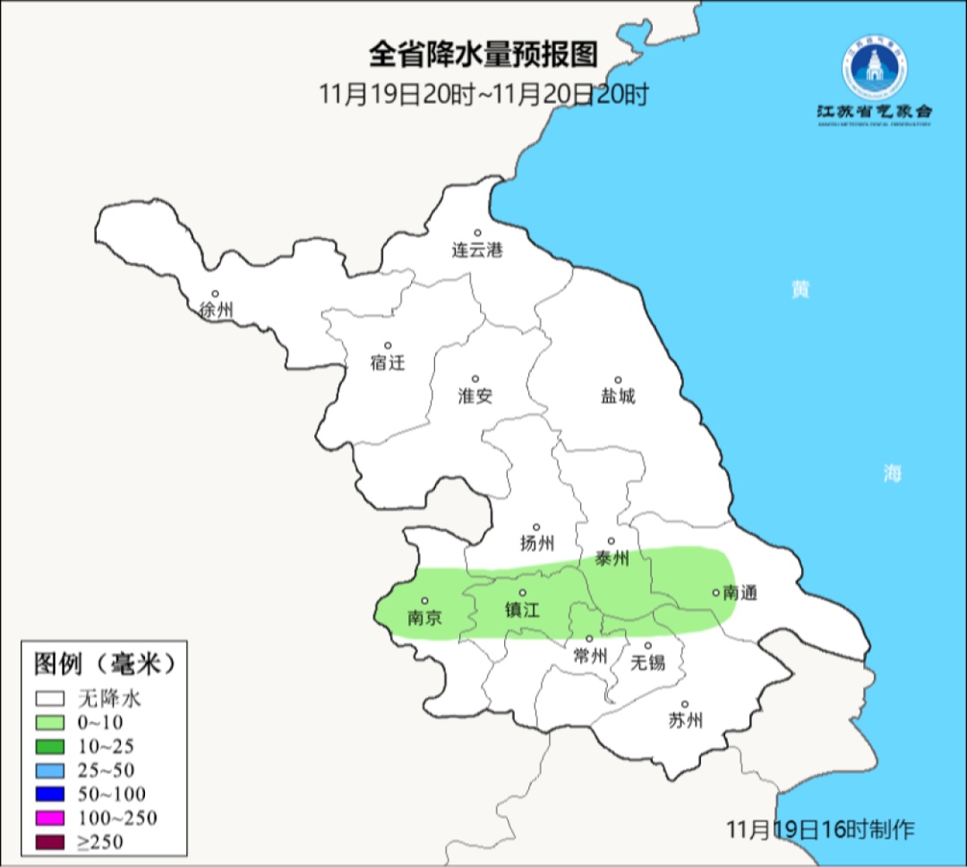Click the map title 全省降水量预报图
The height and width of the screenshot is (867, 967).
point(483,55)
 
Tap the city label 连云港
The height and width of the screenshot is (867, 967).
point(476,251)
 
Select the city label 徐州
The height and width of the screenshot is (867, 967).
point(217,310)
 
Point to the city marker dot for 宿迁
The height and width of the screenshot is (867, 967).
point(388,345)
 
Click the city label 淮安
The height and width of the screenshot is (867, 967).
point(475,395)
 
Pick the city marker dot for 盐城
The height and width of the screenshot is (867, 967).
point(617,379)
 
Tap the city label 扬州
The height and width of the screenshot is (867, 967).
point(536,543)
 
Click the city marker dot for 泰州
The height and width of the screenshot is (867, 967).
point(612,540)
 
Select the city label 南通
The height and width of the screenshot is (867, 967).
point(740,592)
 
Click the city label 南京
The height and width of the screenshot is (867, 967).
point(424,617)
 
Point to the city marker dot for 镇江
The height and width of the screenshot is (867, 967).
point(523,593)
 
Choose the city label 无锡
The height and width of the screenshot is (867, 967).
point(647,662)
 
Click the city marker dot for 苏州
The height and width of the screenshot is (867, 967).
point(684,705)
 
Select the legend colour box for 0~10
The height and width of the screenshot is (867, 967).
point(50,722)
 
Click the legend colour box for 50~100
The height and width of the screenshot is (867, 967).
point(50,794)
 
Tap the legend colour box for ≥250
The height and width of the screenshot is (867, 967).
point(50,841)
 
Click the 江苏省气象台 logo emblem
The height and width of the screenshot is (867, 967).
point(874,69)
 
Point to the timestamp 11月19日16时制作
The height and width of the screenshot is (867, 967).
point(820,829)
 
